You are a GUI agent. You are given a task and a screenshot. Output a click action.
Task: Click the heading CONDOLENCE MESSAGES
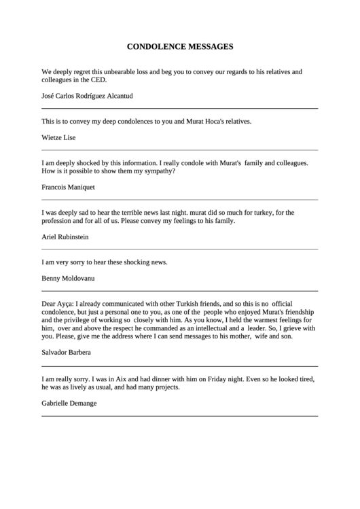click(x=180, y=47)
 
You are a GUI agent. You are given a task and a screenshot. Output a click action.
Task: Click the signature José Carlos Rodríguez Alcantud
click(x=88, y=96)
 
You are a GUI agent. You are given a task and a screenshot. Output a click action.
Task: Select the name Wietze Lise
click(x=58, y=137)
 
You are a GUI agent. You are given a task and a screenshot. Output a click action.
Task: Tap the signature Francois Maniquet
click(x=68, y=186)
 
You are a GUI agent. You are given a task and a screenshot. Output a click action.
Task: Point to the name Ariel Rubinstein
click(x=65, y=237)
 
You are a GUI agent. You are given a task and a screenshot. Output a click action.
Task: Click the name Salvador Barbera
click(x=66, y=353)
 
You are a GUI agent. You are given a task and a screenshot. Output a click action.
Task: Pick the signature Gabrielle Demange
click(x=69, y=403)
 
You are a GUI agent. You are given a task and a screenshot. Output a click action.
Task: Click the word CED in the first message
click(x=98, y=79)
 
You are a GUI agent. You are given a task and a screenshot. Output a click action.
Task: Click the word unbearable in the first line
click(x=111, y=71)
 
